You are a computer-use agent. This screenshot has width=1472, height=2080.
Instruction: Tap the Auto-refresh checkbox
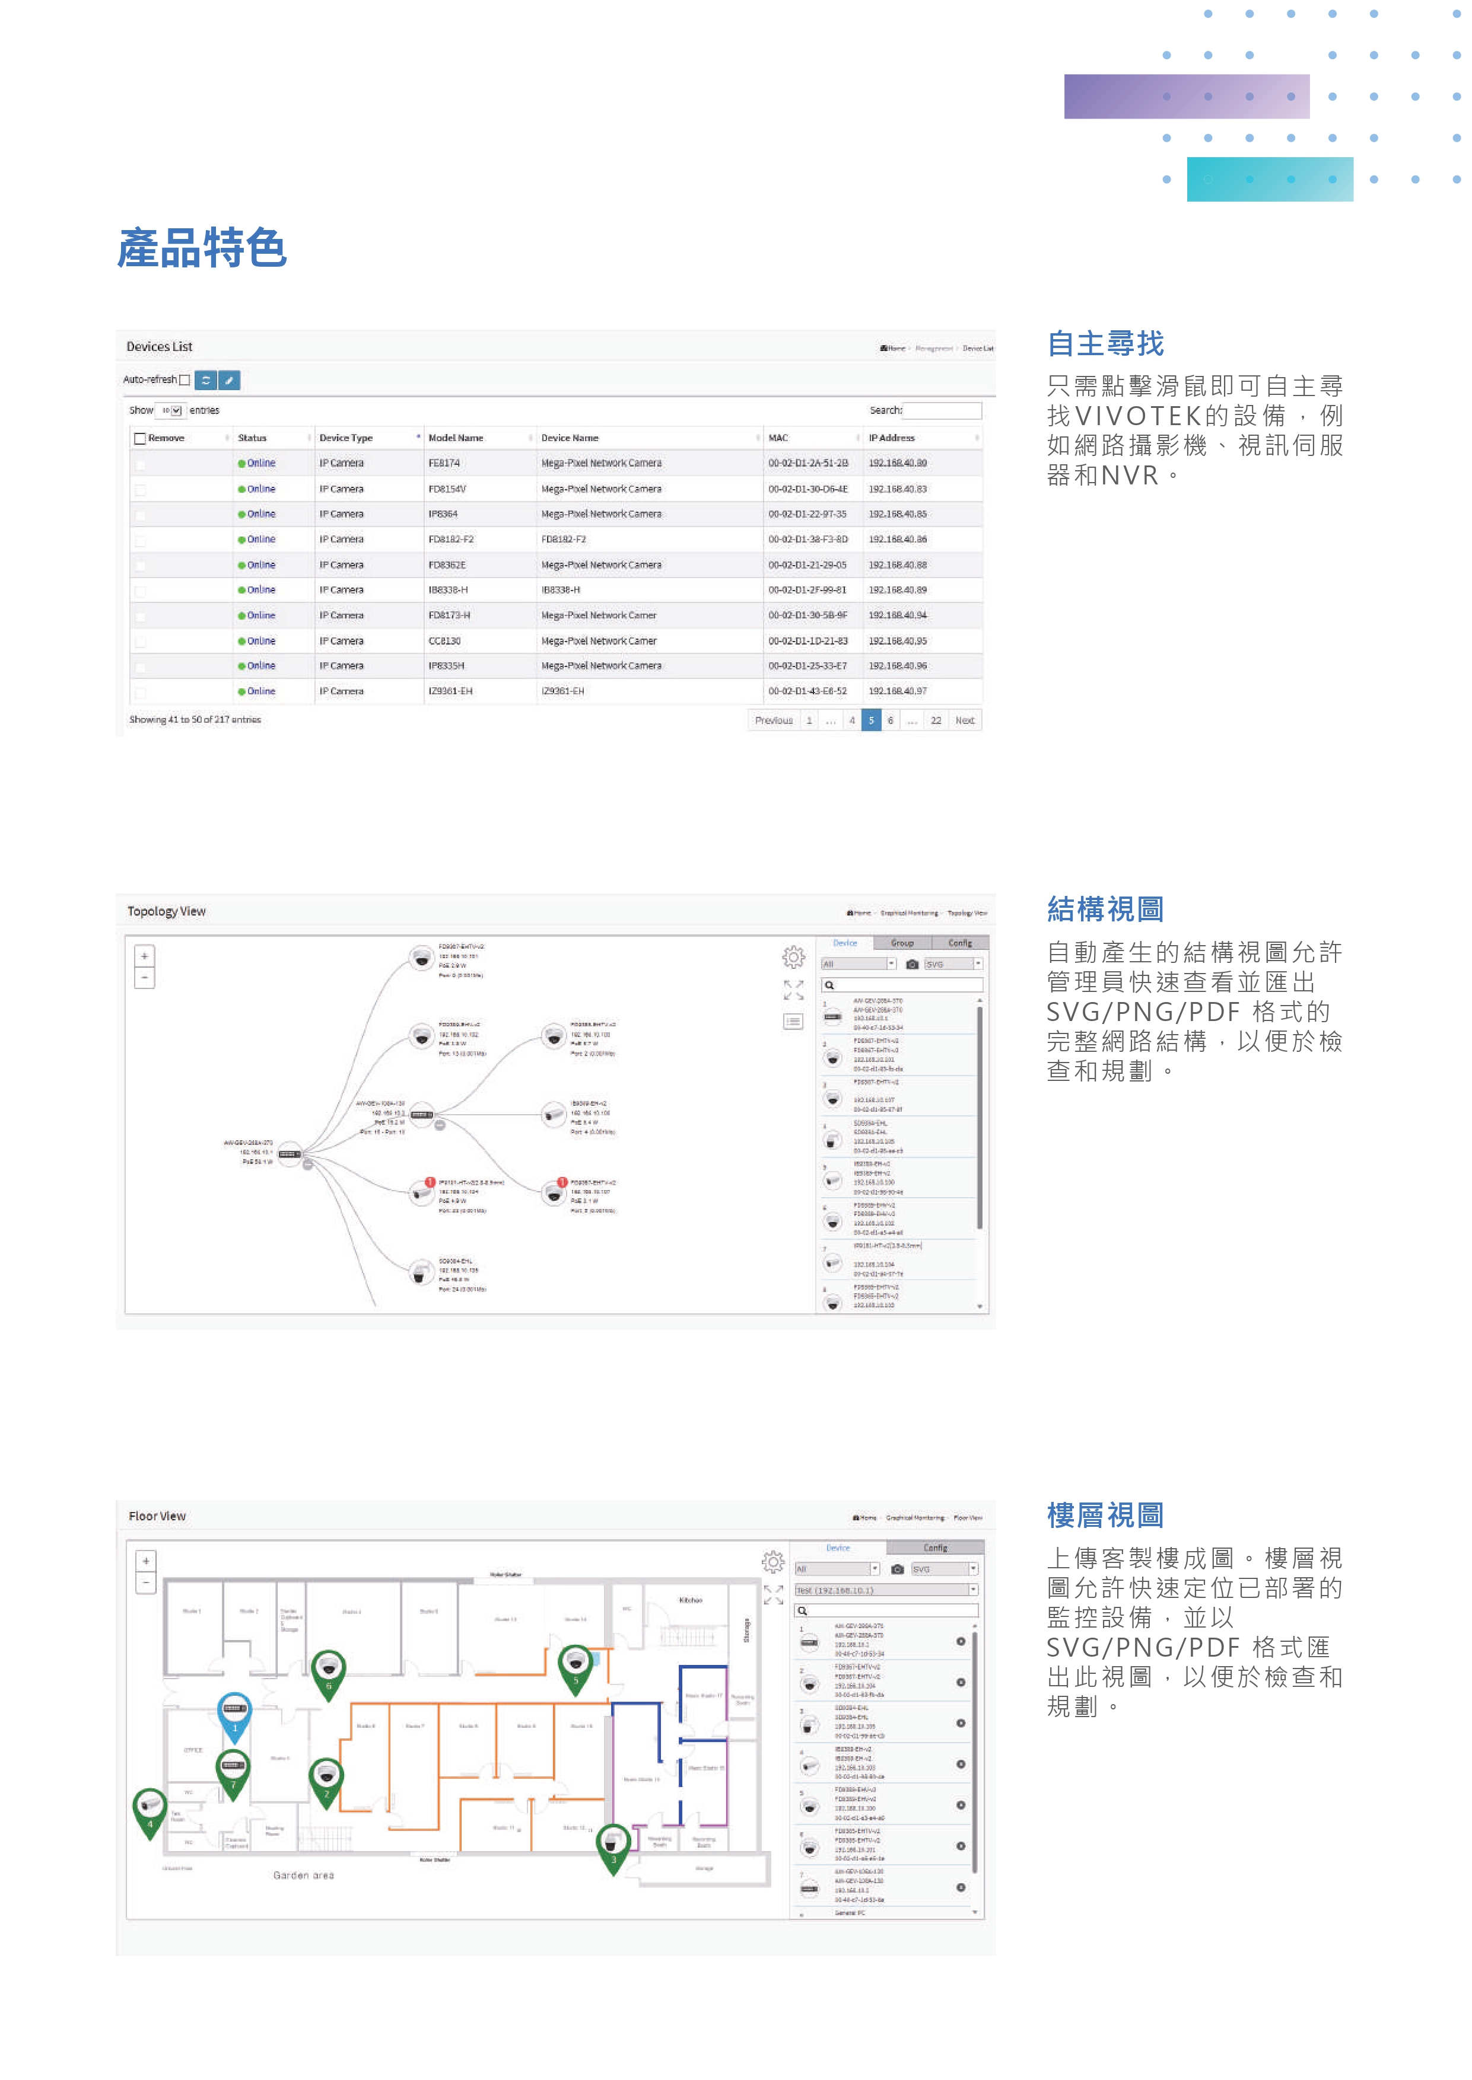pyautogui.click(x=185, y=381)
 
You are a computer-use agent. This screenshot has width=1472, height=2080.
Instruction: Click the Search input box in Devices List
pyautogui.click(x=942, y=410)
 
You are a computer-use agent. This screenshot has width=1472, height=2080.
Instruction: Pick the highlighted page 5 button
pyautogui.click(x=871, y=720)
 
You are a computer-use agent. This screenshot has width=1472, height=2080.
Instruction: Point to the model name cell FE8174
pyautogui.click(x=444, y=463)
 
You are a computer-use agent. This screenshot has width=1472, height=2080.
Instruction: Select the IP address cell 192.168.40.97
pyautogui.click(x=897, y=691)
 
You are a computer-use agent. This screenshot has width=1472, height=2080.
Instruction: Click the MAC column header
pyautogui.click(x=778, y=438)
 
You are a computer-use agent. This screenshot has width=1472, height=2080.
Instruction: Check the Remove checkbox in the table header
pyautogui.click(x=139, y=438)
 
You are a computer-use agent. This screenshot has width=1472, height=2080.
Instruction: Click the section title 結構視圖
pyautogui.click(x=1105, y=908)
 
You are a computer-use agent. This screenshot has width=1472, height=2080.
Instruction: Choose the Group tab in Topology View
pyautogui.click(x=902, y=943)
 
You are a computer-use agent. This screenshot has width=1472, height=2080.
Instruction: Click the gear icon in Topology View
pyautogui.click(x=793, y=956)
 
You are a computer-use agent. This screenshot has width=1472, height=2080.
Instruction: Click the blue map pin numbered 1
pyautogui.click(x=235, y=1711)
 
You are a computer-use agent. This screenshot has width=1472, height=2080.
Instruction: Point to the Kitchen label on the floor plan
pyautogui.click(x=691, y=1600)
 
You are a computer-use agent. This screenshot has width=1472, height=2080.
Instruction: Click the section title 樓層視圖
pyautogui.click(x=1105, y=1515)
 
